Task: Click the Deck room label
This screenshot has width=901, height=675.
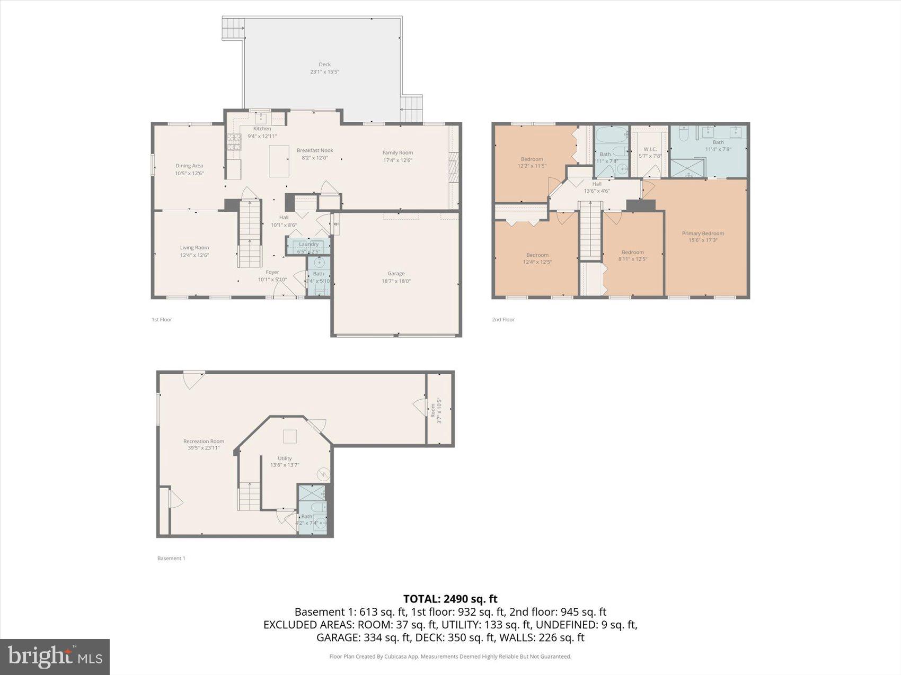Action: tap(324, 65)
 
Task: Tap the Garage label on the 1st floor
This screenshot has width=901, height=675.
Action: tap(396, 274)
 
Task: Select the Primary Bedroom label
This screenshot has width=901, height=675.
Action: tap(703, 233)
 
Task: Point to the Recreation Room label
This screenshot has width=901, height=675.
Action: tap(204, 441)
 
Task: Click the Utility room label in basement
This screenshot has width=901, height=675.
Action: tap(285, 458)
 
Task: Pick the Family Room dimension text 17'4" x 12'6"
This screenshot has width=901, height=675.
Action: tap(397, 160)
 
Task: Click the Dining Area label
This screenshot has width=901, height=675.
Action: tap(189, 166)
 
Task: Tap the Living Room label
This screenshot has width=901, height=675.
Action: tap(194, 248)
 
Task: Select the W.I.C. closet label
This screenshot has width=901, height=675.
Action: tap(650, 149)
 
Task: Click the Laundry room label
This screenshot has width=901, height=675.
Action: tap(308, 244)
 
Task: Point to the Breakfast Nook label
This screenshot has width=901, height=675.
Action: tap(315, 150)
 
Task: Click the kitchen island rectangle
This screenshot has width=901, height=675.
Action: tap(279, 161)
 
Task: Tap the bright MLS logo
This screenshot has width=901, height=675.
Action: tap(55, 656)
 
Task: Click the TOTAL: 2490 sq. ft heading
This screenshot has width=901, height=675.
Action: tap(450, 599)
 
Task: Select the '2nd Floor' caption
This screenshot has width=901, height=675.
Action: tap(503, 319)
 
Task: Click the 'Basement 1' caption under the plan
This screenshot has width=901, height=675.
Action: tap(171, 558)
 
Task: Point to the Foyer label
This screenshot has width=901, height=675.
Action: tap(272, 272)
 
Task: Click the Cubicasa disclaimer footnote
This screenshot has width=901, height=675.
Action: tap(450, 656)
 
